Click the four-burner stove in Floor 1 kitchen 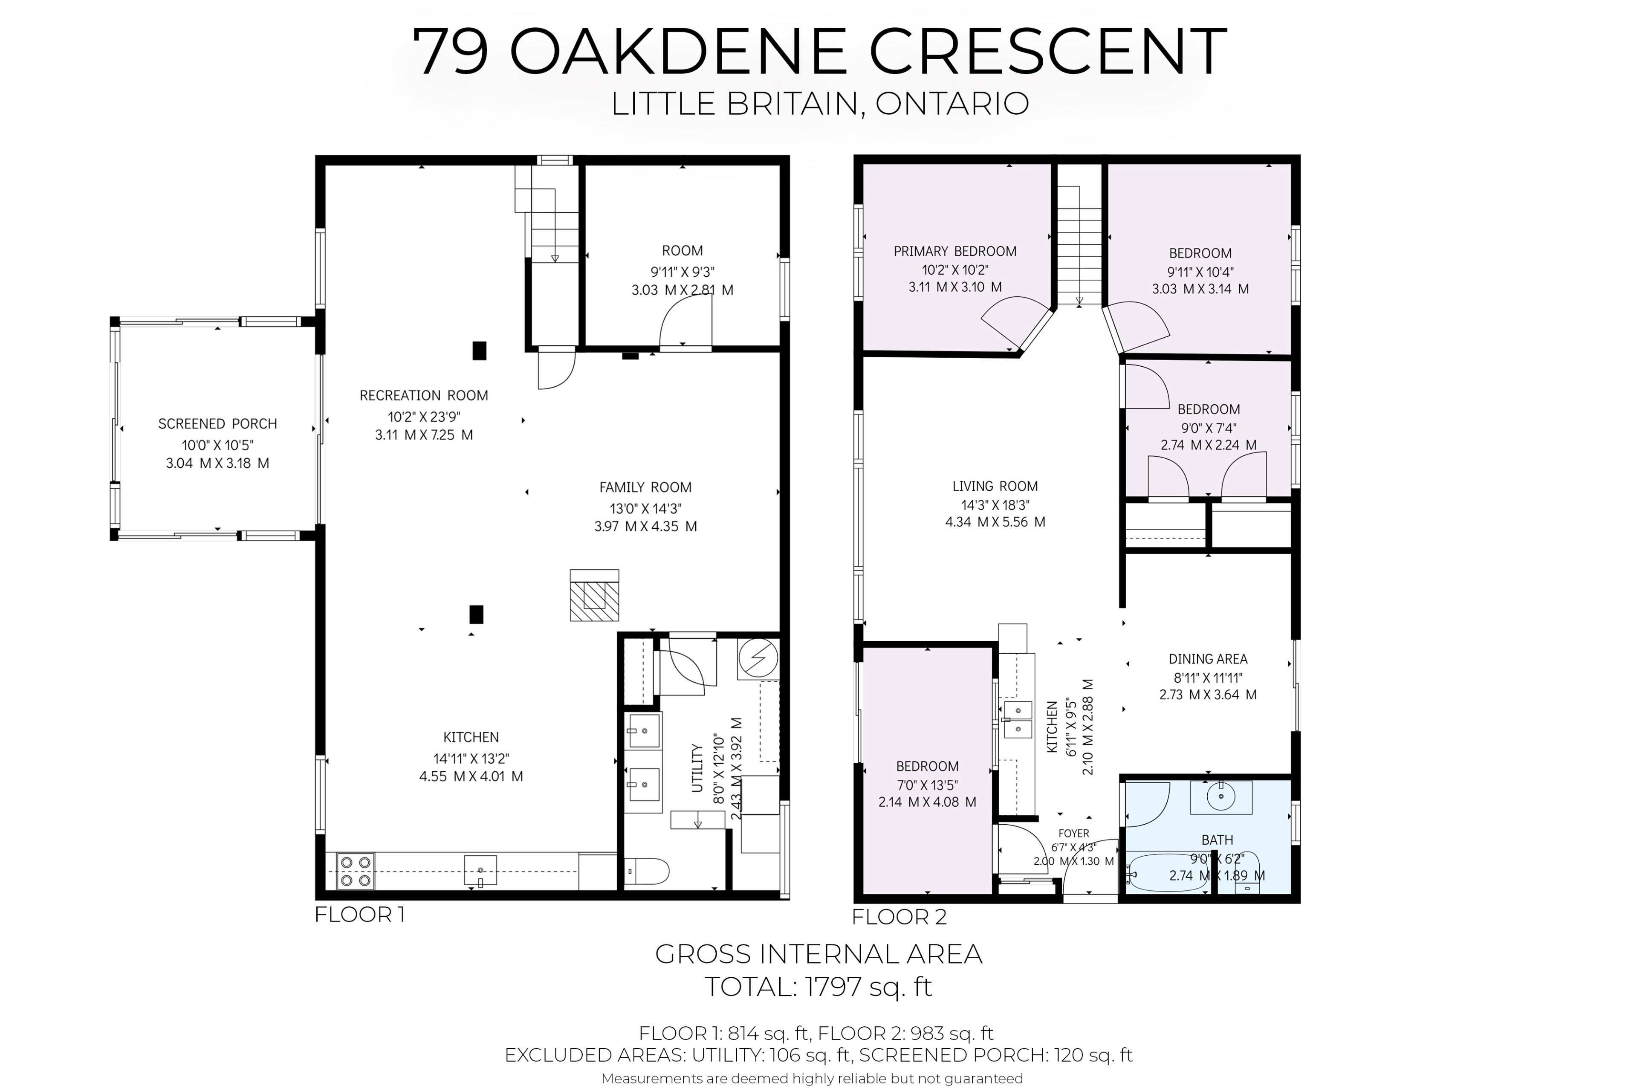[356, 871]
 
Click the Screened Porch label [217, 424]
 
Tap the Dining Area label [1208, 658]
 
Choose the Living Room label [995, 486]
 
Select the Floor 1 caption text [360, 915]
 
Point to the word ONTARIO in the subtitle [952, 104]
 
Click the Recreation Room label [423, 395]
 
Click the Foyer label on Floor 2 [1073, 834]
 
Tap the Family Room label [646, 487]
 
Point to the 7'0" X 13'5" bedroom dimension [928, 785]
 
